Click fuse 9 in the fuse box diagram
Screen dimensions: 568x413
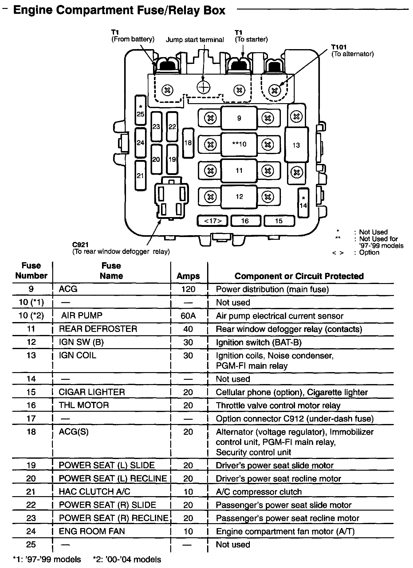(239, 118)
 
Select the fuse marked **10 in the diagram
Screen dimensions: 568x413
(239, 144)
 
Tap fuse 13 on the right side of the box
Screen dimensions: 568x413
(296, 145)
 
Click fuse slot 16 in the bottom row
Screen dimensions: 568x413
(245, 221)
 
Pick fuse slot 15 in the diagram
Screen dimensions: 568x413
(279, 221)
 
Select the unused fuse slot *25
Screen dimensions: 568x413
(140, 110)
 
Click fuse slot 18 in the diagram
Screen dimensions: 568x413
(188, 142)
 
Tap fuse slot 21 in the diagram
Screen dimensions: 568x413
(140, 176)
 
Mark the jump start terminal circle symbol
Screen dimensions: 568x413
(203, 88)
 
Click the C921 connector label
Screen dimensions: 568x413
(81, 245)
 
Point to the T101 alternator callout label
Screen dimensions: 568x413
(339, 47)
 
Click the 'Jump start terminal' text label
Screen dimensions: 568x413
(195, 40)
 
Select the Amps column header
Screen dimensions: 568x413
(188, 276)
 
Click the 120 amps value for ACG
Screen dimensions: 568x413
(188, 289)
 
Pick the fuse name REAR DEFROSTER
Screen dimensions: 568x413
(98, 329)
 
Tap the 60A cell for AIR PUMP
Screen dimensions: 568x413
(188, 316)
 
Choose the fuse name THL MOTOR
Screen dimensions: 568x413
(84, 405)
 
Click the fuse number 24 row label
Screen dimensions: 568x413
(31, 531)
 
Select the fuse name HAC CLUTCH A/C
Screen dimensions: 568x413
(95, 492)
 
